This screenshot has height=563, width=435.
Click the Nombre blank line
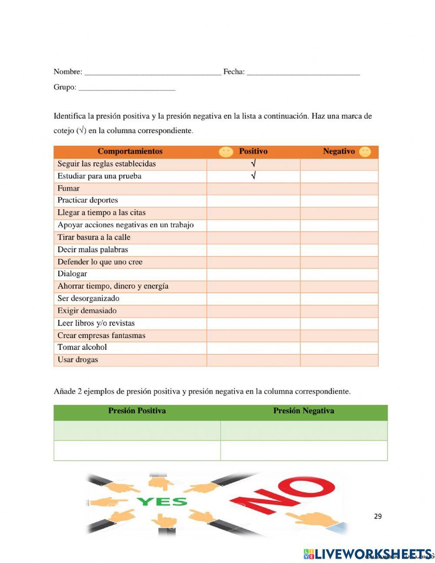click(x=152, y=73)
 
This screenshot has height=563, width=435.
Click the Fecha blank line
click(x=303, y=73)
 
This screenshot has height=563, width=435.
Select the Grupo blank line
click(x=127, y=88)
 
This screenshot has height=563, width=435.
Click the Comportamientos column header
click(x=130, y=151)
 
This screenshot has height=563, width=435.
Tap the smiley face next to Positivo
click(x=226, y=152)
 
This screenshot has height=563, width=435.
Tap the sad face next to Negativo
click(x=365, y=152)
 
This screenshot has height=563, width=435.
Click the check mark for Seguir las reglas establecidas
click(x=253, y=164)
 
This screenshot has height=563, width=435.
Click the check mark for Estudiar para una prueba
click(x=253, y=176)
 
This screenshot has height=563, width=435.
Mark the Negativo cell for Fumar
click(x=339, y=188)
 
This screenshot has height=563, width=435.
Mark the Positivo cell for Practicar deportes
click(x=253, y=201)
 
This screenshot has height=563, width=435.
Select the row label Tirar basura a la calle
click(x=94, y=238)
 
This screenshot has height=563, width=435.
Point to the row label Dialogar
click(x=72, y=274)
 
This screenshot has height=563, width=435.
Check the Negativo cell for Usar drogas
click(x=339, y=360)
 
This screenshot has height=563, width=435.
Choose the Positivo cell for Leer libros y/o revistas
click(x=253, y=323)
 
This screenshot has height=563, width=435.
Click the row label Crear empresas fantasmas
click(x=101, y=335)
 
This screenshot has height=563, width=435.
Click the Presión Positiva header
click(x=137, y=411)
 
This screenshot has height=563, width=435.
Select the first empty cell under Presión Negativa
click(x=304, y=430)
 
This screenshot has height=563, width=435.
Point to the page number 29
click(x=378, y=516)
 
